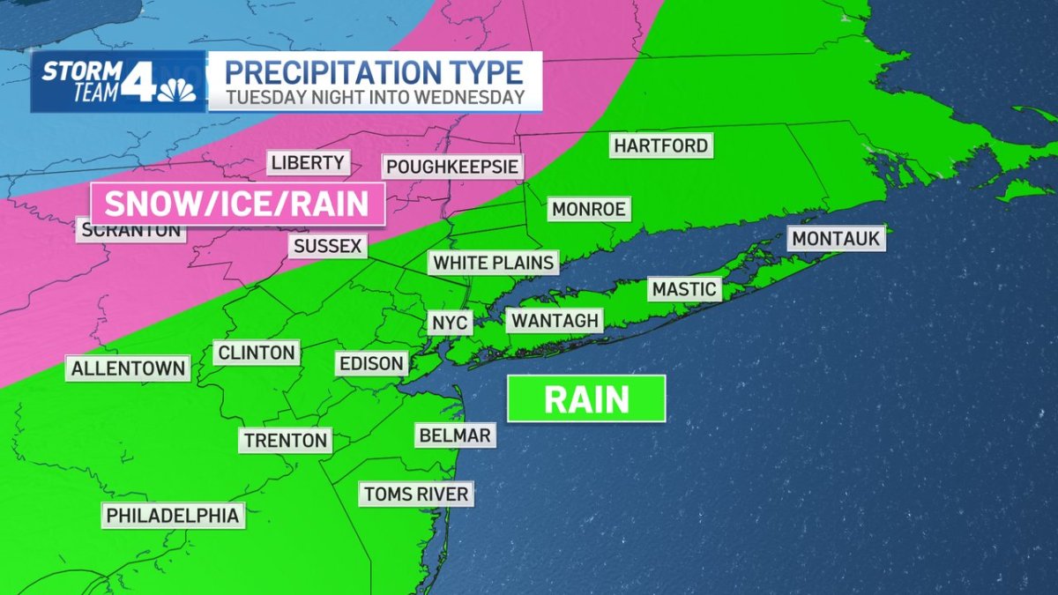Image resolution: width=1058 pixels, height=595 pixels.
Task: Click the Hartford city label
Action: click(661, 145)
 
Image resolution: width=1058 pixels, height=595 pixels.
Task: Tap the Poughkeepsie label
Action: click(452, 167)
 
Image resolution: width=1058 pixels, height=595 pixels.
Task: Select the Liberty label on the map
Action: click(308, 162)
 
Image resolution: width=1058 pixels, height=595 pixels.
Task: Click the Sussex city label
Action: click(328, 246)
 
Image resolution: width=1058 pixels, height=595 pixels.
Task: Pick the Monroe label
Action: click(588, 209)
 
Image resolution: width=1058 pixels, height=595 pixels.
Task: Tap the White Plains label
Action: click(493, 262)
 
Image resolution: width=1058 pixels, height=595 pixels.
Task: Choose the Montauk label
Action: click(836, 238)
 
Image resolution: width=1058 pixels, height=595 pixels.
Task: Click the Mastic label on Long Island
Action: click(684, 288)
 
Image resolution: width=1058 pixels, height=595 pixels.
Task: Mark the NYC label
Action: click(449, 322)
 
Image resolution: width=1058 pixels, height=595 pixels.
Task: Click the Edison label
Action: click(371, 363)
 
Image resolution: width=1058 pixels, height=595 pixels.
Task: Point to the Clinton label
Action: click(256, 353)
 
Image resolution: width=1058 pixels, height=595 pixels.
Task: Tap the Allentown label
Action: click(129, 368)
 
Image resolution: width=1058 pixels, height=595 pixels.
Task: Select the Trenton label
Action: click(286, 440)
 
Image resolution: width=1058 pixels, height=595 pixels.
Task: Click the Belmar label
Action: click(453, 434)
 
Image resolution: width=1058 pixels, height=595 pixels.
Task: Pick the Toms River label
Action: click(416, 494)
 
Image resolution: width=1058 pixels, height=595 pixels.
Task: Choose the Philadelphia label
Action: click(173, 515)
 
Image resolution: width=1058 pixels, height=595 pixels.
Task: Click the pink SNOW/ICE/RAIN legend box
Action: click(237, 205)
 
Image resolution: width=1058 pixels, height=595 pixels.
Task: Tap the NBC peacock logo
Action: click(181, 90)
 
